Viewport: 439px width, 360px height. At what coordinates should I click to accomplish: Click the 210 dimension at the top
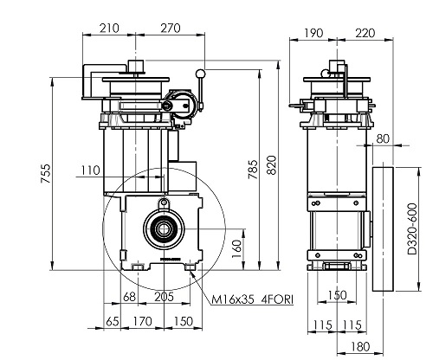(109, 29)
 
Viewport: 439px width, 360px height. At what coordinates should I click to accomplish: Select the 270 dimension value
(171, 29)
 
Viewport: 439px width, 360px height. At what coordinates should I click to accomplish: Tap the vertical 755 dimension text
(46, 173)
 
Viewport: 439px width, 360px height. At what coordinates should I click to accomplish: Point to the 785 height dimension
(253, 170)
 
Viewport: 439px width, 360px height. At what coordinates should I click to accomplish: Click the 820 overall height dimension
(272, 165)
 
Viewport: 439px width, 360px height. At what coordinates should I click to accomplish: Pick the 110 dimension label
(90, 170)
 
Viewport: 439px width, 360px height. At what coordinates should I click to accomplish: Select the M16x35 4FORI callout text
(253, 299)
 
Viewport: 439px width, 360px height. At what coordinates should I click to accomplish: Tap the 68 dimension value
(129, 297)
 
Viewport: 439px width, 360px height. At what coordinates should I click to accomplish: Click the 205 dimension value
(165, 297)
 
